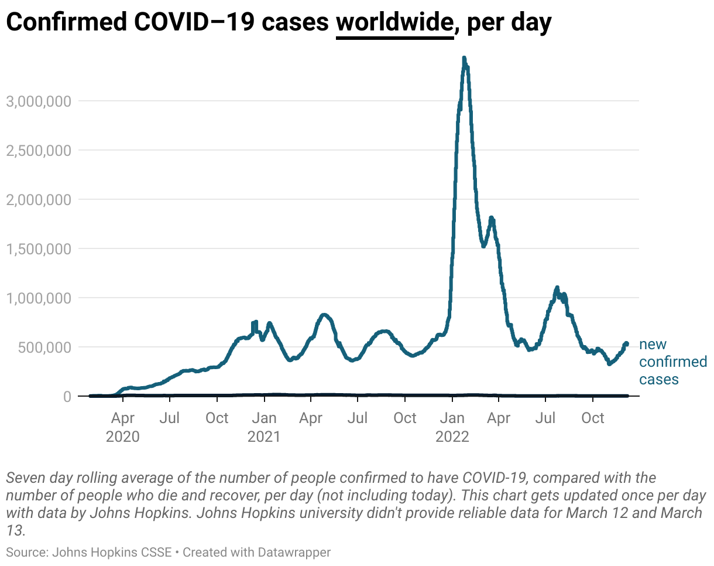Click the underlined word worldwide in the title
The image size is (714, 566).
pyautogui.click(x=395, y=23)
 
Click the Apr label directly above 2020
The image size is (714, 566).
pyautogui.click(x=123, y=418)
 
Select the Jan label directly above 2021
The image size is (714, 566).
pyautogui.click(x=265, y=418)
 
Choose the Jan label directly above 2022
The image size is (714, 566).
pyautogui.click(x=452, y=418)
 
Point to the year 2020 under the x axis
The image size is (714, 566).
pyautogui.click(x=123, y=437)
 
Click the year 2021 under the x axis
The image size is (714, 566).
pyautogui.click(x=265, y=437)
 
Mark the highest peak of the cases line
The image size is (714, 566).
pyautogui.click(x=464, y=59)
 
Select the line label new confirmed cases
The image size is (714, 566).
pyautogui.click(x=672, y=362)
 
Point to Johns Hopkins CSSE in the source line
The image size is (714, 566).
pyautogui.click(x=112, y=552)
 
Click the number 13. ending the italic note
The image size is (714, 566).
pyautogui.click(x=16, y=531)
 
